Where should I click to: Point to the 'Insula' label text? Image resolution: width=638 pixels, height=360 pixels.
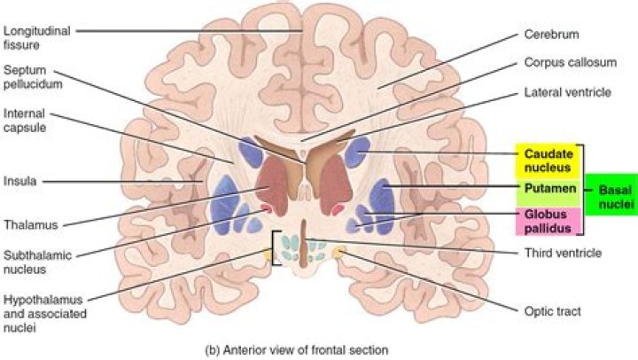[19, 182]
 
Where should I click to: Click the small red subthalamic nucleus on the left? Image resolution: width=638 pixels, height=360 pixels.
[265, 209]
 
